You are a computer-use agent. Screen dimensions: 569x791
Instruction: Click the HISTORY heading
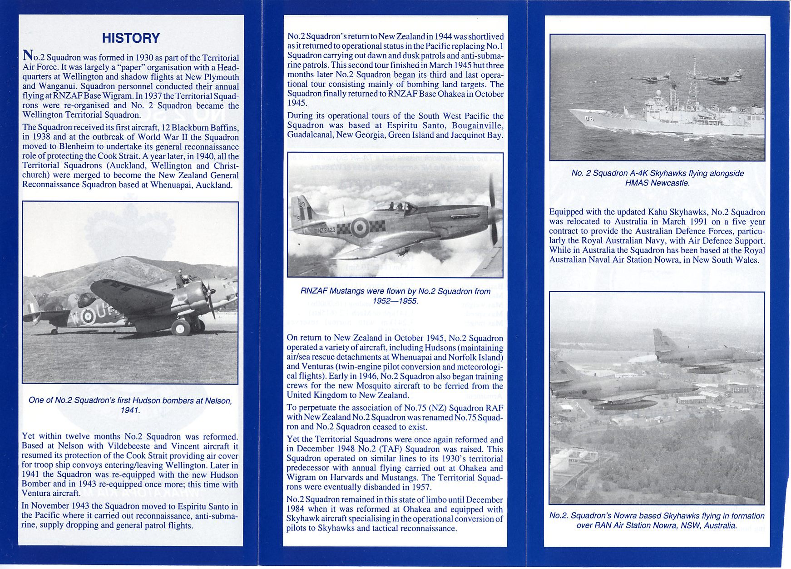pyautogui.click(x=131, y=38)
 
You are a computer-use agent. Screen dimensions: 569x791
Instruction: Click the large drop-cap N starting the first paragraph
pyautogui.click(x=27, y=56)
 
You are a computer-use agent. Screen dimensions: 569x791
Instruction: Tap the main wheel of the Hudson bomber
pyautogui.click(x=180, y=327)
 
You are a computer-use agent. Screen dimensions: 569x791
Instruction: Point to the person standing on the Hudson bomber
pyautogui.click(x=179, y=278)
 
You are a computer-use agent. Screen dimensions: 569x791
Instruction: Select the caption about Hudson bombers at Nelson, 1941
pyautogui.click(x=130, y=405)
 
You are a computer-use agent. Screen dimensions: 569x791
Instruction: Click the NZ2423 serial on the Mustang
pyautogui.click(x=326, y=230)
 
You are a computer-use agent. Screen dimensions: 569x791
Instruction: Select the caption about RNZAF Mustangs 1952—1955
pyautogui.click(x=395, y=296)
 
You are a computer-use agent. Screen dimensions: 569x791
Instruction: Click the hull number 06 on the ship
pyautogui.click(x=589, y=119)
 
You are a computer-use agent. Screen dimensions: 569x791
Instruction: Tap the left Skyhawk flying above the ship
pyautogui.click(x=650, y=78)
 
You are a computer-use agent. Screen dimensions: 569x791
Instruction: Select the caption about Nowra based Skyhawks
pyautogui.click(x=657, y=520)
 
